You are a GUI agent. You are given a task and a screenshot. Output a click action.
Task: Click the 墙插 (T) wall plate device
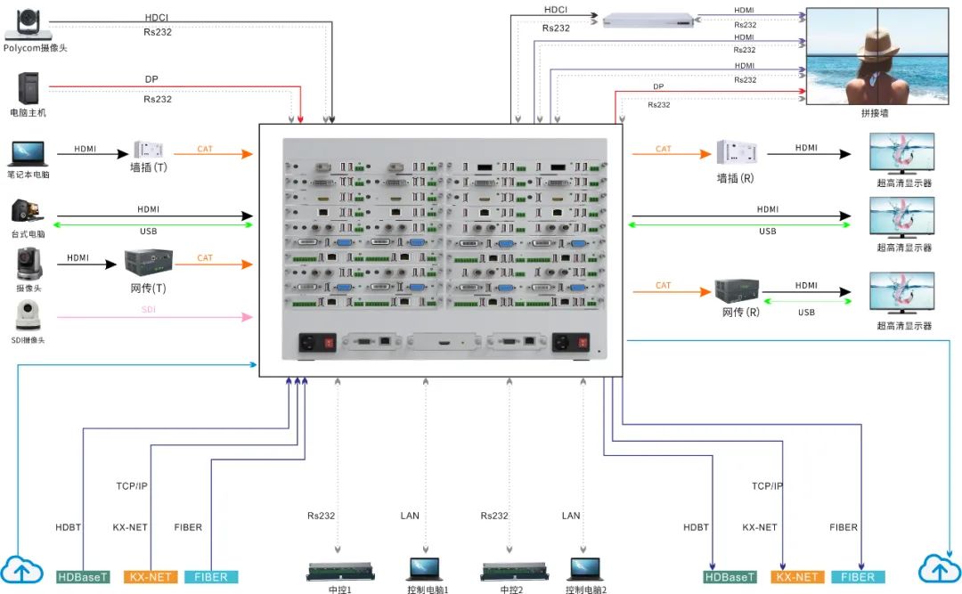pyautogui.click(x=148, y=151)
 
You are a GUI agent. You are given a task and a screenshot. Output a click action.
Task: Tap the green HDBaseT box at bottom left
pyautogui.click(x=84, y=577)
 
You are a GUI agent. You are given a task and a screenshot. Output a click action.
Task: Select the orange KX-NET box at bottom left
pyautogui.click(x=151, y=577)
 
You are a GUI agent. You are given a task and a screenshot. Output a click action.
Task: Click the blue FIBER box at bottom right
pyautogui.click(x=858, y=577)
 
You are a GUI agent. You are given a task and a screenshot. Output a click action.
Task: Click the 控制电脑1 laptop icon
pyautogui.click(x=426, y=570)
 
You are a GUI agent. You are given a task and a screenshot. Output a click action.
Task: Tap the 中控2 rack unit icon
pyautogui.click(x=510, y=571)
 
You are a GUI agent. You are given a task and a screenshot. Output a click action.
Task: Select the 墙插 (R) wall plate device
pyautogui.click(x=737, y=152)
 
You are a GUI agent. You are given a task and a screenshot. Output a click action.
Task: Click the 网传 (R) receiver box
pyautogui.click(x=737, y=290)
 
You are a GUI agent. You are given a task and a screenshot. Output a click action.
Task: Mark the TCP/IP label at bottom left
pyautogui.click(x=132, y=486)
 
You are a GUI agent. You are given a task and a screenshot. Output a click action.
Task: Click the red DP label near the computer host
pyautogui.click(x=151, y=79)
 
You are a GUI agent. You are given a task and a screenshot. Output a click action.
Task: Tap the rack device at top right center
pyautogui.click(x=648, y=20)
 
